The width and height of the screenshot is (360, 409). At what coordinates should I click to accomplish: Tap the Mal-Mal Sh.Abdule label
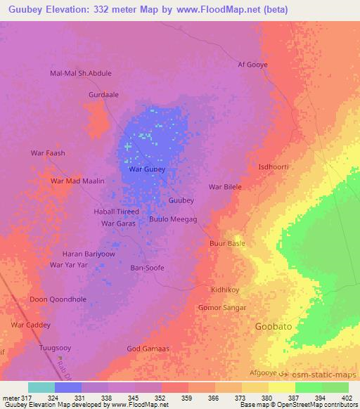pos(81,73)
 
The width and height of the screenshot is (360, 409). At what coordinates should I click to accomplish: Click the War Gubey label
pos(148,170)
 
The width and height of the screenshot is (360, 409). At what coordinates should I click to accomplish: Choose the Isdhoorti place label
pos(274,167)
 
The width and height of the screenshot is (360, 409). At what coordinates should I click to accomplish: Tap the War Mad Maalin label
pos(77,181)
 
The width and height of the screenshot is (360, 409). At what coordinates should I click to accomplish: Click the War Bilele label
pos(225,187)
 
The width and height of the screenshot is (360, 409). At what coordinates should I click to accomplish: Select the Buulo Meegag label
pos(173,219)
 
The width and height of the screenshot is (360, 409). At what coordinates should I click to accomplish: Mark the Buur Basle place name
pos(227,243)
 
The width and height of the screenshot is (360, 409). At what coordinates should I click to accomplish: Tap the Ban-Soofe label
pos(148,268)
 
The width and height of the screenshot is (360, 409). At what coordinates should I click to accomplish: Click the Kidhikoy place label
pos(226,290)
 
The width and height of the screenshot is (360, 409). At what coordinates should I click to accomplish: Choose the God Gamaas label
pos(148,349)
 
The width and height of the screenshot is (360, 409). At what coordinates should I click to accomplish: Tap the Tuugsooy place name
pos(56,348)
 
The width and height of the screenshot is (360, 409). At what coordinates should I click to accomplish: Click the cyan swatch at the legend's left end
pos(41,387)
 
